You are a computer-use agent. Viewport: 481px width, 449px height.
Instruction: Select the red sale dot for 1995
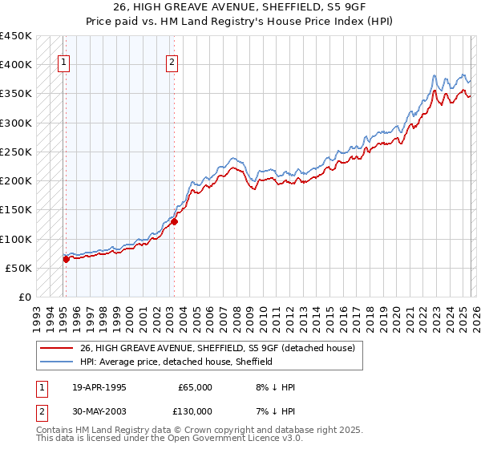click(x=66, y=259)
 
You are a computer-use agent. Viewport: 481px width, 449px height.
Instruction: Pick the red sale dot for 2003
click(x=174, y=222)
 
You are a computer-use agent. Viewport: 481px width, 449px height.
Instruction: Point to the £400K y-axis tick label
click(x=16, y=65)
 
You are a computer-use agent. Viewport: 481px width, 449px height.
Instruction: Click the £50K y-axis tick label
click(x=19, y=268)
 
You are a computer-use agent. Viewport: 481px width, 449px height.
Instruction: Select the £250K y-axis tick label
click(x=16, y=152)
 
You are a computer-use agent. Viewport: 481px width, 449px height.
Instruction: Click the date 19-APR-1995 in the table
click(x=99, y=387)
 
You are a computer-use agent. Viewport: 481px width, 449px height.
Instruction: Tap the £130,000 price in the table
click(x=192, y=411)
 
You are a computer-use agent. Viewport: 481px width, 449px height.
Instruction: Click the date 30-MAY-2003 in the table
click(x=100, y=411)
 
